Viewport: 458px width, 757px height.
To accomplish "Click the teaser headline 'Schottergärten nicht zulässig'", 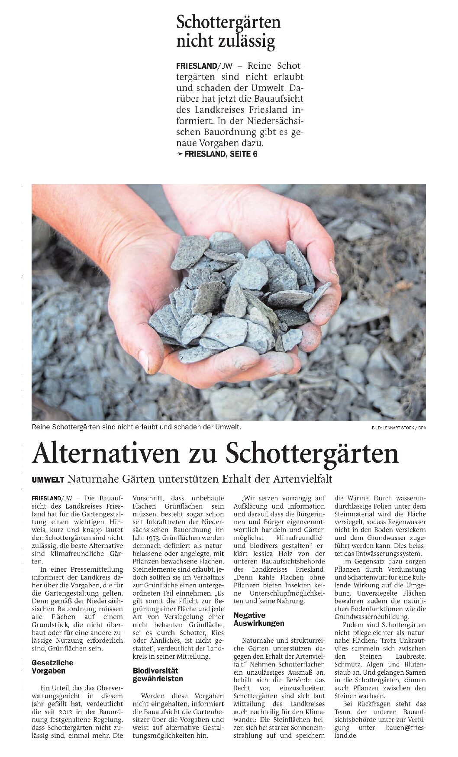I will tap(228, 32).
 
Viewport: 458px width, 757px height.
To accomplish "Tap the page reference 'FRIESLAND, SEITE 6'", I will tap(221, 154).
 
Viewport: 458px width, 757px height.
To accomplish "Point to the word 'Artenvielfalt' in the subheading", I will tap(303, 479).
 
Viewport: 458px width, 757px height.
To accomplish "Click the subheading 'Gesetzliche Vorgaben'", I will tap(52, 667).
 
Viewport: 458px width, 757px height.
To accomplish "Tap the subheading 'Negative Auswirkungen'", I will tap(258, 619).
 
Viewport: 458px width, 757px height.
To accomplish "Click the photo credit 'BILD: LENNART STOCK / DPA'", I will tap(398, 428).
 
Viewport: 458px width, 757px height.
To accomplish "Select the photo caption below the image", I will tap(136, 427).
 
